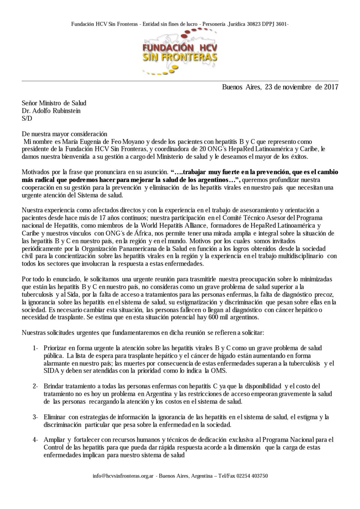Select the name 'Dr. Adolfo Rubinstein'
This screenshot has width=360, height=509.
(x=51, y=111)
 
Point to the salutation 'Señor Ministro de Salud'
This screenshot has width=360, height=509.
(x=54, y=103)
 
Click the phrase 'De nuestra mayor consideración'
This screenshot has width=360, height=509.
(x=64, y=134)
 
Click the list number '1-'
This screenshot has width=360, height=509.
(x=36, y=348)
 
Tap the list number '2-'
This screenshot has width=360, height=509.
(x=36, y=386)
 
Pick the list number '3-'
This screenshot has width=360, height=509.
(x=36, y=417)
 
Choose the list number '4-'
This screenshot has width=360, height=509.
(x=36, y=440)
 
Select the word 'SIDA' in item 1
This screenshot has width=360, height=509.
(x=51, y=371)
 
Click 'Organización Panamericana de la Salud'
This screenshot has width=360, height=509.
(x=147, y=249)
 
